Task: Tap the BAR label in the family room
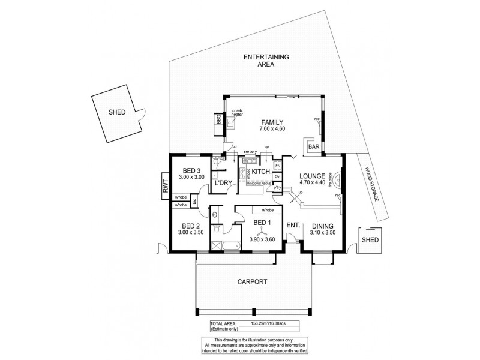point(313,146)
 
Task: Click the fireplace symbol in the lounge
point(337,180)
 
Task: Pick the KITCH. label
point(261,172)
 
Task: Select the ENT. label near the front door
point(293,225)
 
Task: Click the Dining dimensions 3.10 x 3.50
point(323,233)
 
